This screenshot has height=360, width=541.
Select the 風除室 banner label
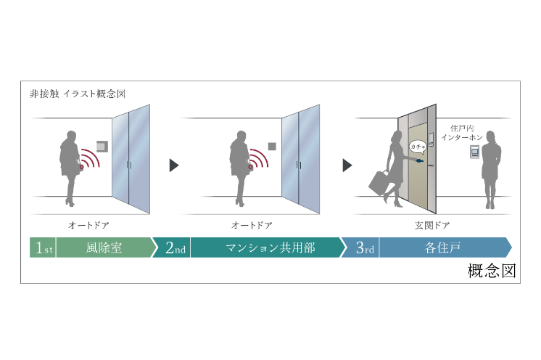(104, 247)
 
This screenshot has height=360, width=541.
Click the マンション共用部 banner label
(270, 247)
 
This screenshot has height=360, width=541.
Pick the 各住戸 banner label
(440, 247)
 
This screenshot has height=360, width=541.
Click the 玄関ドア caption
(413, 226)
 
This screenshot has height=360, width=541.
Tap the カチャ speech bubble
(418, 146)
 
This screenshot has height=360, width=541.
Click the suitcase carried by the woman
(381, 181)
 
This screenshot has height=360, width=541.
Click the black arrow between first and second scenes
(174, 165)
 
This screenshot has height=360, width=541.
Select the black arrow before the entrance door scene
(347, 165)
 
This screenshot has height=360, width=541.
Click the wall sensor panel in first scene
(102, 146)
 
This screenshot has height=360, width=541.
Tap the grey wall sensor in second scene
(272, 146)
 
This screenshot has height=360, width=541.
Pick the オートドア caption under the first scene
(88, 226)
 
